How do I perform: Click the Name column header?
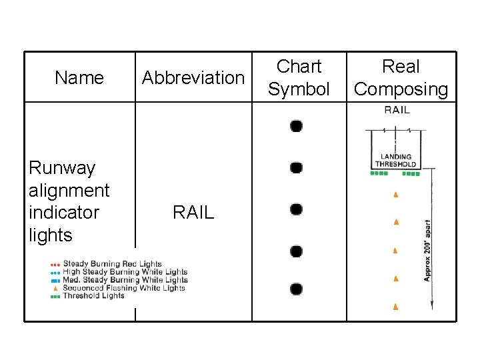point(79,78)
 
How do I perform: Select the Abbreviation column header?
point(193,78)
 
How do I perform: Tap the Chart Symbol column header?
point(299,77)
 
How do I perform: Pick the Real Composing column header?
point(401,77)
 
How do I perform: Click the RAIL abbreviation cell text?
point(193,213)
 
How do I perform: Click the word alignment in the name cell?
point(69,190)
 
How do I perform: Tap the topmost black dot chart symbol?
point(297,126)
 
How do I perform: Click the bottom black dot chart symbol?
point(297,289)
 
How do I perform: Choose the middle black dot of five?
point(297,209)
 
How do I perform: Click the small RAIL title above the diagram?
point(397,110)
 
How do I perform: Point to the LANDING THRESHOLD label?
point(396,161)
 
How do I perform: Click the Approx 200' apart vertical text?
point(427,250)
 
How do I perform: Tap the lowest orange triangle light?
point(396,307)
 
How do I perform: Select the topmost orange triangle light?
point(396,195)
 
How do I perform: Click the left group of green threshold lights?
point(379,173)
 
